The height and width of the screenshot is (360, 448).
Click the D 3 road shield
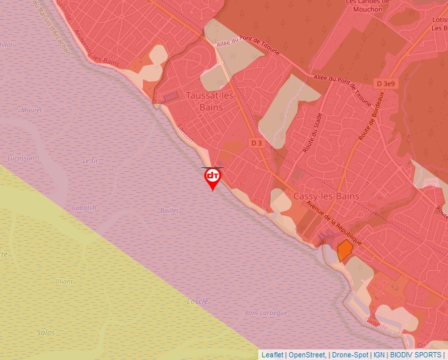pos(257,142)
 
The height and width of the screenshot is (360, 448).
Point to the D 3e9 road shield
pos(385,84)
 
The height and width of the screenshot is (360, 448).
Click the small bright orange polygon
pos(344,250)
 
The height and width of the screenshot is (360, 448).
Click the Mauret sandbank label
pos(31,111)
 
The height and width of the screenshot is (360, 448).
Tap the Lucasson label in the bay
pos(20,159)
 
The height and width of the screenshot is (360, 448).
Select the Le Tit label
pos(90,161)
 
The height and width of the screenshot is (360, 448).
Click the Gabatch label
pos(84,207)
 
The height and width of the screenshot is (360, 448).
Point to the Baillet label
pos(169,211)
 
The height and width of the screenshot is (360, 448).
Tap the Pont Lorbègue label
pos(266,313)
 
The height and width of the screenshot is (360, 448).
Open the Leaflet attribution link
pos(272,355)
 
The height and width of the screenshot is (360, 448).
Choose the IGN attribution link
pos(379,355)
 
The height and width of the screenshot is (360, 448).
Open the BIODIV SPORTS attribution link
pos(415,355)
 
